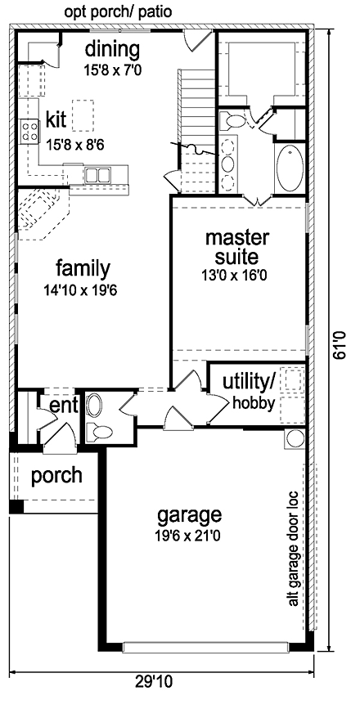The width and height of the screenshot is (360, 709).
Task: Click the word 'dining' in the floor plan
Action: (113, 49)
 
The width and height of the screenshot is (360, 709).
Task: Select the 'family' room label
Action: (83, 268)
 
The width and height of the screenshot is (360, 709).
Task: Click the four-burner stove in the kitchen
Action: (30, 130)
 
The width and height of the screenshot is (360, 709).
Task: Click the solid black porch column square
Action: (16, 507)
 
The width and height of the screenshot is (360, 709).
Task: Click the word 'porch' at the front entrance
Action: (56, 475)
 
